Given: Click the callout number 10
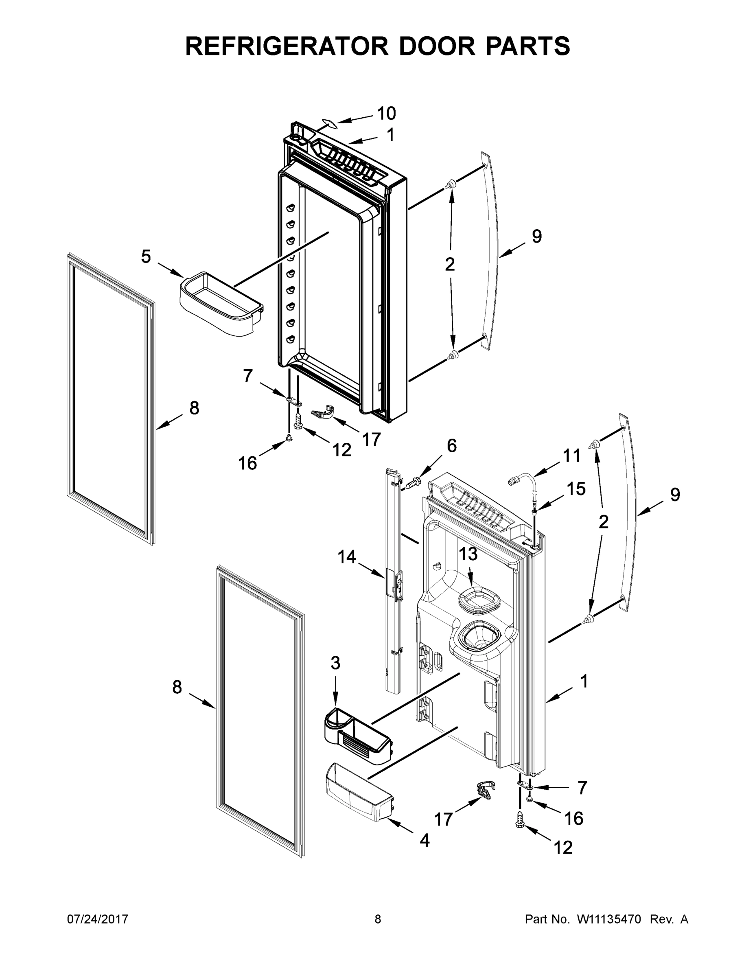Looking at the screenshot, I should pyautogui.click(x=386, y=114).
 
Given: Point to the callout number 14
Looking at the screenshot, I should pyautogui.click(x=347, y=557).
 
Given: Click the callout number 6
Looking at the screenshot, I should pyautogui.click(x=452, y=446).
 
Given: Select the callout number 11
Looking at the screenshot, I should pyautogui.click(x=571, y=456).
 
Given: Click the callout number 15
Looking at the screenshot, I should pyautogui.click(x=576, y=489).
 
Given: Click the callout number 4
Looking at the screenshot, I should pyautogui.click(x=425, y=840).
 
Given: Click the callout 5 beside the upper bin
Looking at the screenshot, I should pyautogui.click(x=146, y=257).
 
